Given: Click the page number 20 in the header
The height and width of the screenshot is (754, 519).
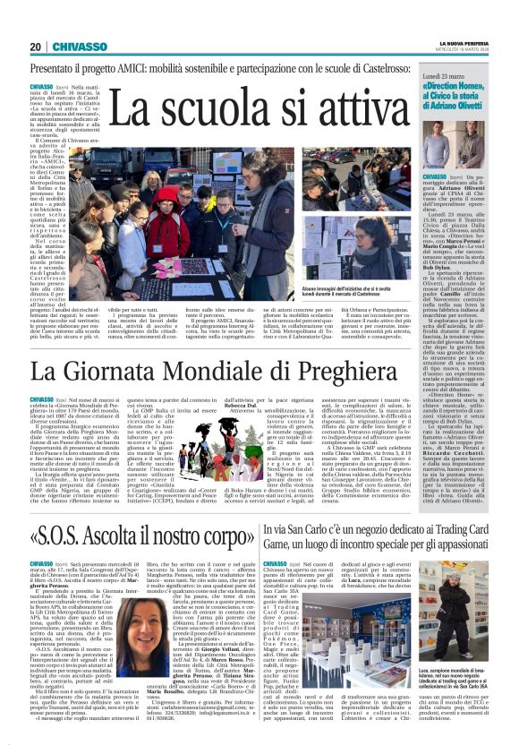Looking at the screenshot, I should tap(36, 47).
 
